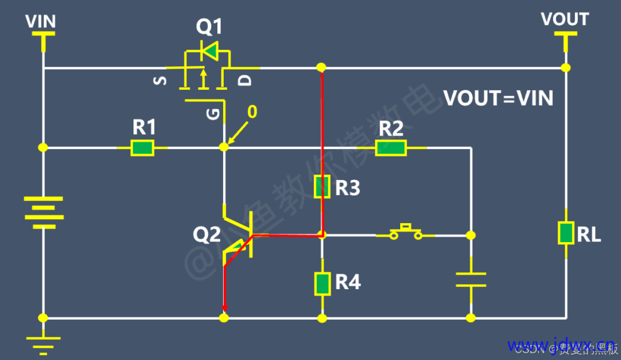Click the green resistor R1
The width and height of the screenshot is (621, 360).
(x=142, y=148)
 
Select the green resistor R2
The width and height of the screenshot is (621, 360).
(x=391, y=148)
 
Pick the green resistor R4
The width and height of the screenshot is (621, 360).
(x=322, y=283)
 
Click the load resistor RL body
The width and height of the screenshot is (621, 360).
(x=566, y=232)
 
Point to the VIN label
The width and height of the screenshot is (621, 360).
(x=41, y=22)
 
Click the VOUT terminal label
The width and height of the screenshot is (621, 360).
(x=565, y=20)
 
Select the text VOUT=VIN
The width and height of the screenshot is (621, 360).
(x=498, y=98)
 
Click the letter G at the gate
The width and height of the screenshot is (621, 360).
(x=212, y=115)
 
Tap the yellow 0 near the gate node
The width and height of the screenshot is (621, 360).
(x=251, y=112)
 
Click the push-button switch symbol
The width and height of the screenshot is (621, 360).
(x=405, y=232)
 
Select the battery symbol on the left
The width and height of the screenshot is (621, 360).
(x=43, y=212)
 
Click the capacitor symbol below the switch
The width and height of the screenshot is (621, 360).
(x=471, y=279)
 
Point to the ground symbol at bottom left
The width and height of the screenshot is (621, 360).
(x=43, y=343)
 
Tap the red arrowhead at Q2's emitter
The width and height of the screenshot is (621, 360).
(x=224, y=309)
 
